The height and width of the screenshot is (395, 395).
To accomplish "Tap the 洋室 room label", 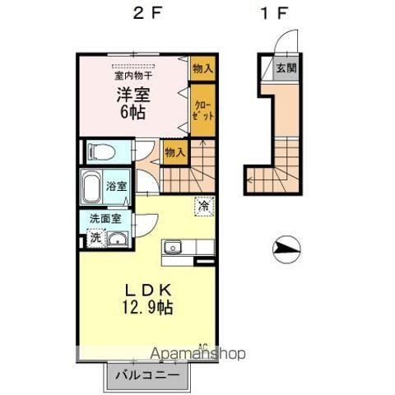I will point(132,95).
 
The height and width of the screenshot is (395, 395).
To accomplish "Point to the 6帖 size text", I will point(132,113).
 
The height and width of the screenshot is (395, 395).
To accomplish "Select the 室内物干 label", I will point(133,74).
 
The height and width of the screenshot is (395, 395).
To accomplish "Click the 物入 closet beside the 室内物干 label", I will point(202,68).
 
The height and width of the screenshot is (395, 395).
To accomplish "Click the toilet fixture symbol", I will point(100,151).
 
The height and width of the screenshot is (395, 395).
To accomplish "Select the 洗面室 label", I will point(105,219).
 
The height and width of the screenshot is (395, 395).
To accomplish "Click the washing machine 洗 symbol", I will point(95,238).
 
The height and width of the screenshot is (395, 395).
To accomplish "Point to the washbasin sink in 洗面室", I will point(117,239).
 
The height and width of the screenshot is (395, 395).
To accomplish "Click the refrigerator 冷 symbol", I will point(202,207).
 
